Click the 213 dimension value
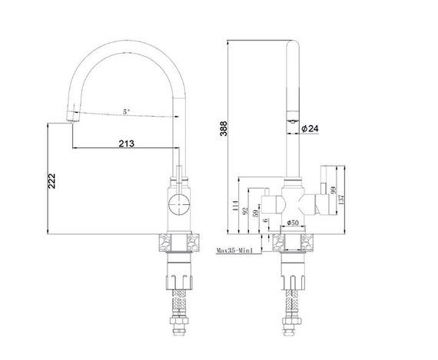[x=127, y=144]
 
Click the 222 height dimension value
[x=51, y=181]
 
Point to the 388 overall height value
[x=224, y=129]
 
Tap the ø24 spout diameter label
[x=310, y=129]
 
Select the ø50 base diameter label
[x=293, y=223]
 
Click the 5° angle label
[x=127, y=111]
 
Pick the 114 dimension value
[x=235, y=206]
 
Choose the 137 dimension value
[x=341, y=200]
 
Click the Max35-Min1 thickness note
[x=234, y=250]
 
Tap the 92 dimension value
[x=245, y=210]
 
